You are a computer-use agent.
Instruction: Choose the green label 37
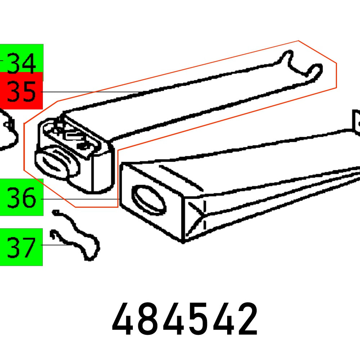(x=22, y=247)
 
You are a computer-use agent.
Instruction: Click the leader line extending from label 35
(x=90, y=92)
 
